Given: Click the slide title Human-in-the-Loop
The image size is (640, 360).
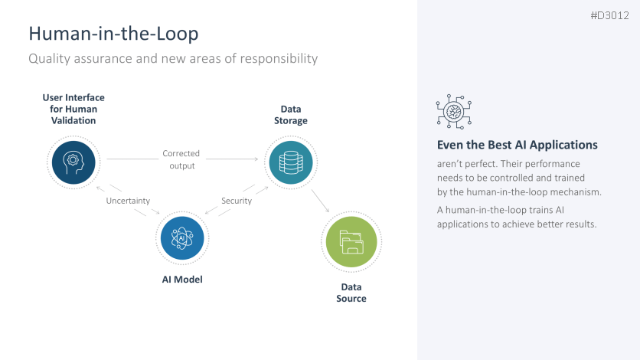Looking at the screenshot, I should (x=113, y=34).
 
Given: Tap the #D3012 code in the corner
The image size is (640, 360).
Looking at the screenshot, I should (x=609, y=15).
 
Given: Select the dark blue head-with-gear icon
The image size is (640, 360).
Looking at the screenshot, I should (x=73, y=162).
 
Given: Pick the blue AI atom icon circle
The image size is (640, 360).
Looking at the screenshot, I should (x=181, y=238).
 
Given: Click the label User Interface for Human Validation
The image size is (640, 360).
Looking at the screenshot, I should (x=73, y=109).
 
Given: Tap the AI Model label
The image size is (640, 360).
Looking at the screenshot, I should (x=181, y=279).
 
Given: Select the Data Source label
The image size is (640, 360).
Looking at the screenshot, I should (x=351, y=293).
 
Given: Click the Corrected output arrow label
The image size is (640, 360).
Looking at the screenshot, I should (x=181, y=159).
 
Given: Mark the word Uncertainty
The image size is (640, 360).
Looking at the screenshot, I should (x=128, y=201).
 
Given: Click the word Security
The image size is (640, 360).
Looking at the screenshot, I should (x=237, y=201).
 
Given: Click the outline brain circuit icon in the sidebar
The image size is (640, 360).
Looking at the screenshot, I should (x=453, y=113).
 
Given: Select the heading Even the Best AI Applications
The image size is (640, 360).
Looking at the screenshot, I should (x=517, y=145).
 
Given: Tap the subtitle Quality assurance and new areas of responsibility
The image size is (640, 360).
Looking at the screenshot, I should (x=173, y=58).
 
